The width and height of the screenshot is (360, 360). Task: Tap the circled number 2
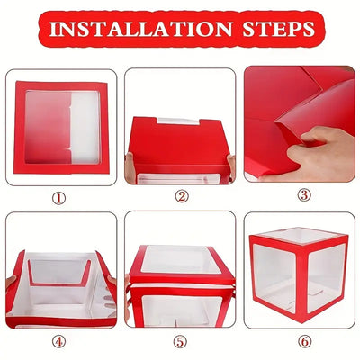(181, 195)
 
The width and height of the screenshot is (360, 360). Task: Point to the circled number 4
(60, 341)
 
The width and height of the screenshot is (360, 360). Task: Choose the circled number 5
(181, 341)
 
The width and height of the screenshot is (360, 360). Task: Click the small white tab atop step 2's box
(180, 121)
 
